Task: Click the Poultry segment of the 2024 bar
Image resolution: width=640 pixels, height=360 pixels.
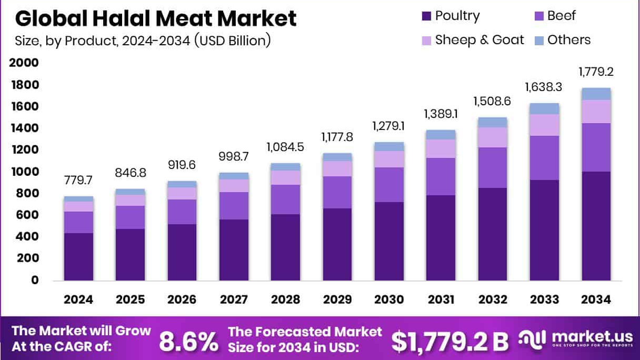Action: point(78,256)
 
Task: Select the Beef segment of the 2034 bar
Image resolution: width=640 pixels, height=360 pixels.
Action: point(596,147)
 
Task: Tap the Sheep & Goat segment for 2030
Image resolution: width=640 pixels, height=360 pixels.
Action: point(389,159)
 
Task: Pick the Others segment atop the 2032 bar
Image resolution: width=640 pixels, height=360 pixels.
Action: point(493,122)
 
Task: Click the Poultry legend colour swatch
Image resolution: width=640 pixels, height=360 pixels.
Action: point(426,16)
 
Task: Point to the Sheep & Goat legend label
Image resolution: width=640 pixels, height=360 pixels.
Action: point(479,40)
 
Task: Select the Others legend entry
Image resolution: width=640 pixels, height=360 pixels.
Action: point(568,40)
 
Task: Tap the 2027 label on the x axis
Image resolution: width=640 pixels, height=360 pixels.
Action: point(234,299)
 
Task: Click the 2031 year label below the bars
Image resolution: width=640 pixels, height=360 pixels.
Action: point(441,299)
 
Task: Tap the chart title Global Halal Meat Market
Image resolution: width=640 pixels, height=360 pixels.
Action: point(156,19)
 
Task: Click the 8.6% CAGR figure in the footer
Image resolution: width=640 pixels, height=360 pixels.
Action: point(188,341)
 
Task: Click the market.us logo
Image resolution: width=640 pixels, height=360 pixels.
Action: point(575,339)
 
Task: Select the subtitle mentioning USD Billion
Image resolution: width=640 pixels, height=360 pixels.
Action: point(143,41)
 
